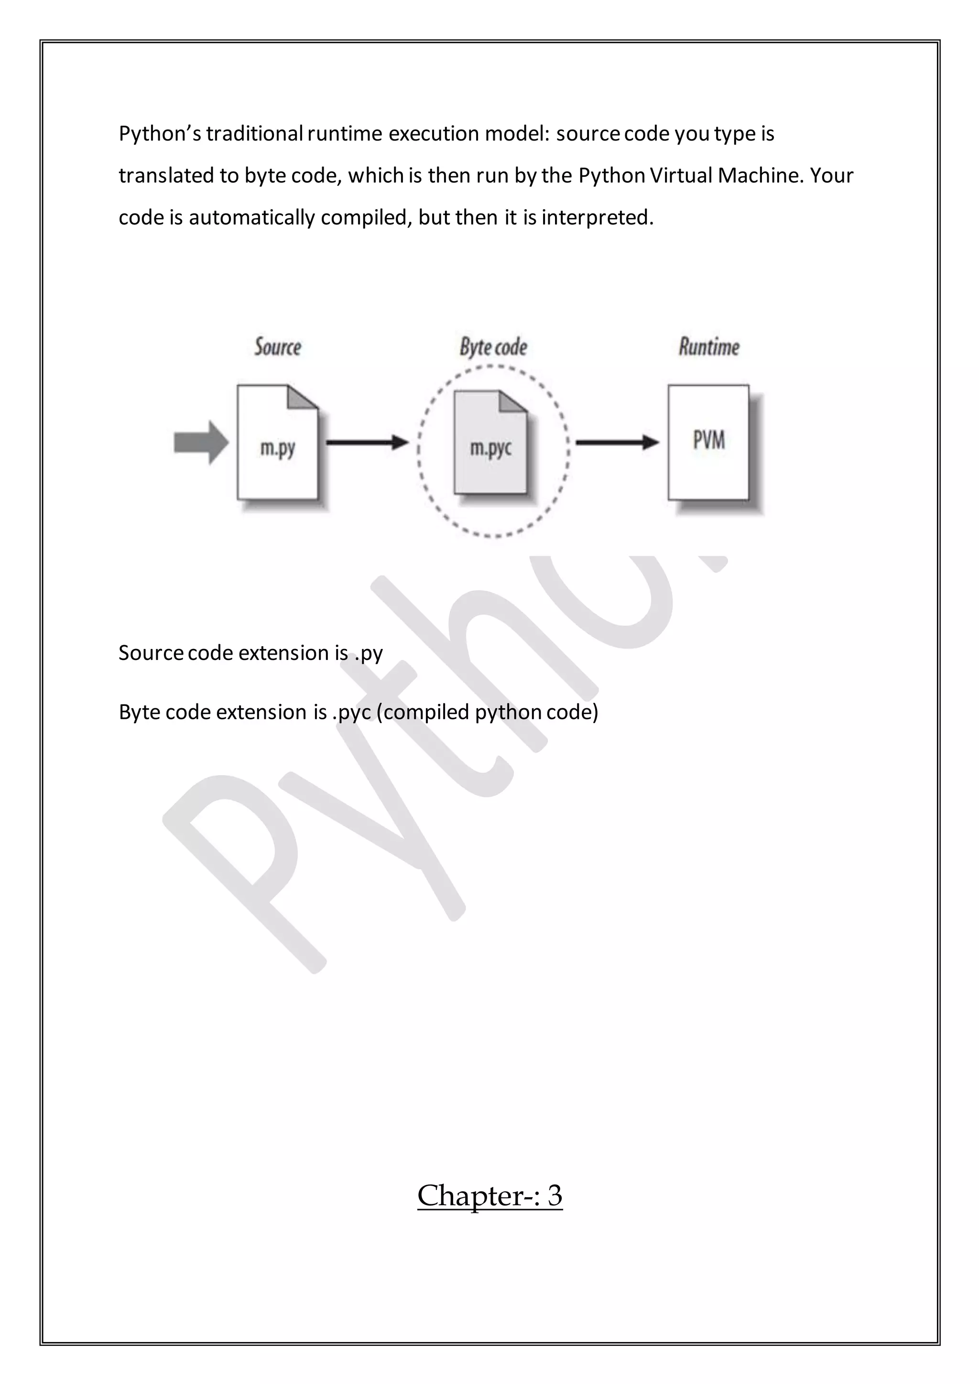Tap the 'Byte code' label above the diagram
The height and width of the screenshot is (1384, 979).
(493, 347)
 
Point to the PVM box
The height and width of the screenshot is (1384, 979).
(708, 442)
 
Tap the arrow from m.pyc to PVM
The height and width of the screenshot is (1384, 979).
(617, 443)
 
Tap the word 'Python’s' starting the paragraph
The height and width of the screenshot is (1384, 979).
(160, 133)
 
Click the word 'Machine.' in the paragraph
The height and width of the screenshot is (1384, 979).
(761, 175)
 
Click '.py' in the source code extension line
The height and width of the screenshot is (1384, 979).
(369, 653)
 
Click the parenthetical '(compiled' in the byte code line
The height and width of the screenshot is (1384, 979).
(423, 713)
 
